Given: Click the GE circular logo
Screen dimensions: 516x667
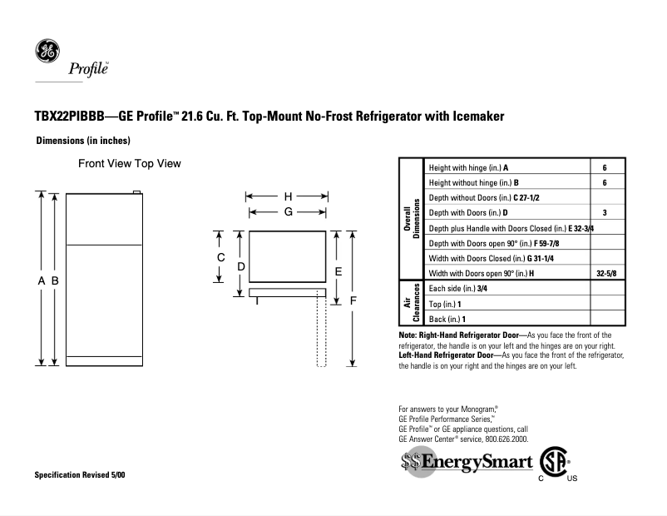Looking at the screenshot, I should coord(47,52).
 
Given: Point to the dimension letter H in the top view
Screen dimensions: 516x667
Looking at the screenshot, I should coord(288,196).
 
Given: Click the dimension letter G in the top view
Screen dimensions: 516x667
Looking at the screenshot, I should coord(288,212).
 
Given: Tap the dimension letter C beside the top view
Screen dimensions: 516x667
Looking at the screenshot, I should coord(220,257).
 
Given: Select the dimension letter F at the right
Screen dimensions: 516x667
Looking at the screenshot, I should coord(353,299).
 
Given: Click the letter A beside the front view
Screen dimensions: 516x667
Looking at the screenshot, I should coord(41,281).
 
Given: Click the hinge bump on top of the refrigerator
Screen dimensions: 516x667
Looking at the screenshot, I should coord(138,192).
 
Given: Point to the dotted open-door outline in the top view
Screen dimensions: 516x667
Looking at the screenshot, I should coord(320,333).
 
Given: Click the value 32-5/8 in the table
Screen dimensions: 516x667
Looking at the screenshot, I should coord(606,273).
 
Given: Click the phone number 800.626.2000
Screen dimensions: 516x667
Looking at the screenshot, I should coord(500,438).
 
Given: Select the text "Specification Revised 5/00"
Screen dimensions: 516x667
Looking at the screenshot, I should coord(81,474).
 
